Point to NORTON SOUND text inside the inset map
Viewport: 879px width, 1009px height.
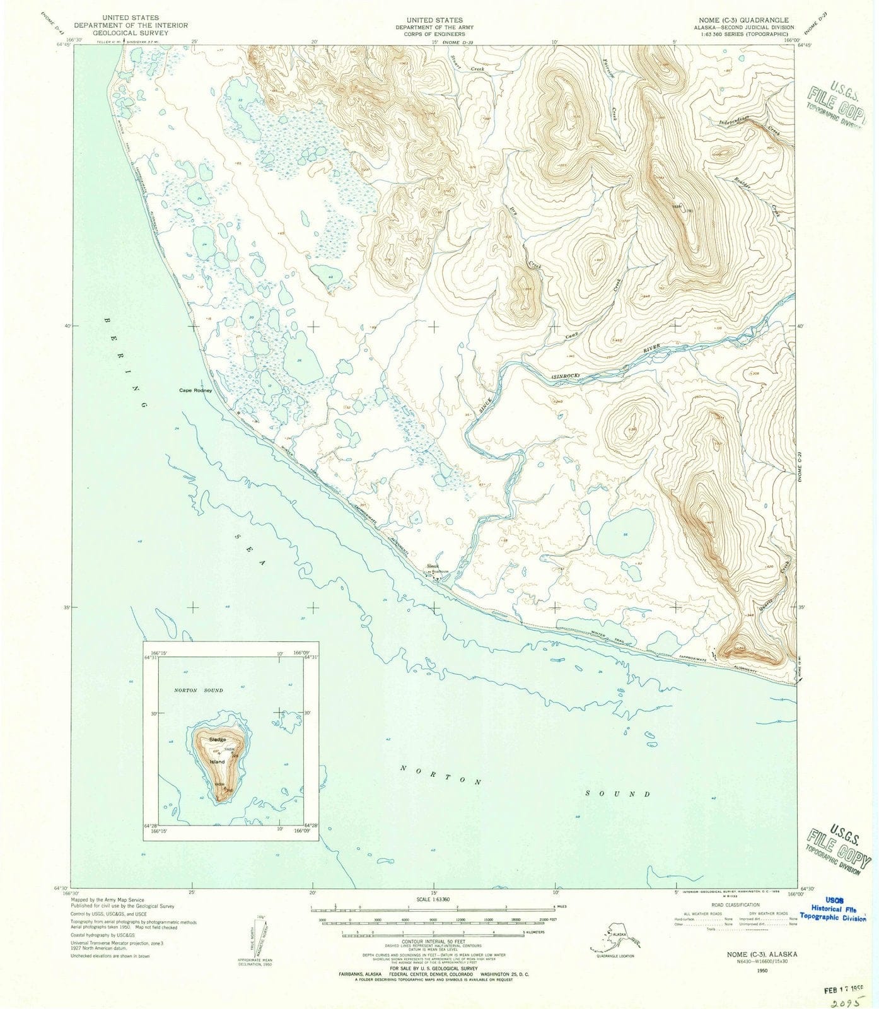(x=199, y=691)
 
